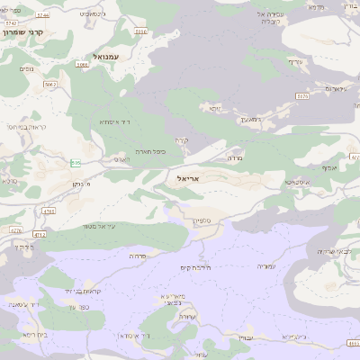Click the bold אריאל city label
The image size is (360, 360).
coord(182,179)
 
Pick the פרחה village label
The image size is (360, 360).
coord(137,256)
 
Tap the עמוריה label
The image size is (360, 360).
coord(266,266)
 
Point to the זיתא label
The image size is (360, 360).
coord(214,108)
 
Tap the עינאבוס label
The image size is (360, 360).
coord(335,88)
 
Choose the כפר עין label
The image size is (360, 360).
coord(77,306)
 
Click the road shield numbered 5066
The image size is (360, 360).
coord(83,65)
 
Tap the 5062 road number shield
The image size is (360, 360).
coord(49,85)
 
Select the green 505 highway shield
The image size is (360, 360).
coord(76,163)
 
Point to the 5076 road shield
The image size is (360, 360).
coord(301,95)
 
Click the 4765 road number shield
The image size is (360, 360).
coord(49,212)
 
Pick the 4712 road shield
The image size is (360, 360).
coord(40,235)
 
